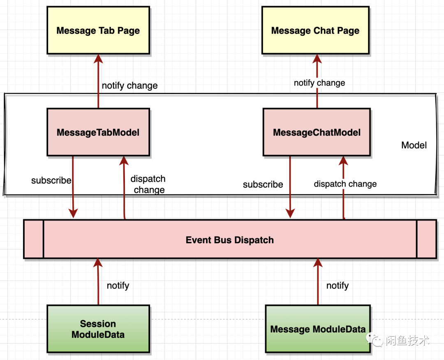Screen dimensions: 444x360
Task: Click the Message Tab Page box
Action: click(x=98, y=30)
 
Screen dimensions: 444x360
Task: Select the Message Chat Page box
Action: click(x=315, y=30)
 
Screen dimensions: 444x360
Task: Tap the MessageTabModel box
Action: click(x=98, y=132)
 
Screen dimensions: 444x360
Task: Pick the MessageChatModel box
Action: click(x=317, y=132)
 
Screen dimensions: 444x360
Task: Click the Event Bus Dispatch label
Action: click(x=230, y=240)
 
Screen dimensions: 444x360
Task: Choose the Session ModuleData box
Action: click(x=98, y=329)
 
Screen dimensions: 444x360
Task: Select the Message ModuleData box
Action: click(x=318, y=329)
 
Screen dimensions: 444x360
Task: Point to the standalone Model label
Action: click(x=414, y=145)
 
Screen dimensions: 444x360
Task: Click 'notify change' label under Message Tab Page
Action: click(x=129, y=85)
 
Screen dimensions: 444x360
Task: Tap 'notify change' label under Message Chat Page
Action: click(x=319, y=83)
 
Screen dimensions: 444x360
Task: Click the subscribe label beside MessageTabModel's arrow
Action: click(x=51, y=180)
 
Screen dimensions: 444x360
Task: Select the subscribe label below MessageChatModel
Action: click(x=263, y=185)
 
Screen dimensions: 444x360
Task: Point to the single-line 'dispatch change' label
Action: click(x=345, y=184)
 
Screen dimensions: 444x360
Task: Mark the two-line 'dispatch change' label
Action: click(x=148, y=184)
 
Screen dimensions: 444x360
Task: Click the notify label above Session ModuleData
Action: click(x=118, y=286)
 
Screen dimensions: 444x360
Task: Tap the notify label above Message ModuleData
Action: click(x=338, y=286)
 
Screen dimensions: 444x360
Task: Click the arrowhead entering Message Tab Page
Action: click(x=98, y=59)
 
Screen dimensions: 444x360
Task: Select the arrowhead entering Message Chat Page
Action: click(x=317, y=59)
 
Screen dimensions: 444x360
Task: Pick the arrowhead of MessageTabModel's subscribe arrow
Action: click(x=73, y=213)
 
